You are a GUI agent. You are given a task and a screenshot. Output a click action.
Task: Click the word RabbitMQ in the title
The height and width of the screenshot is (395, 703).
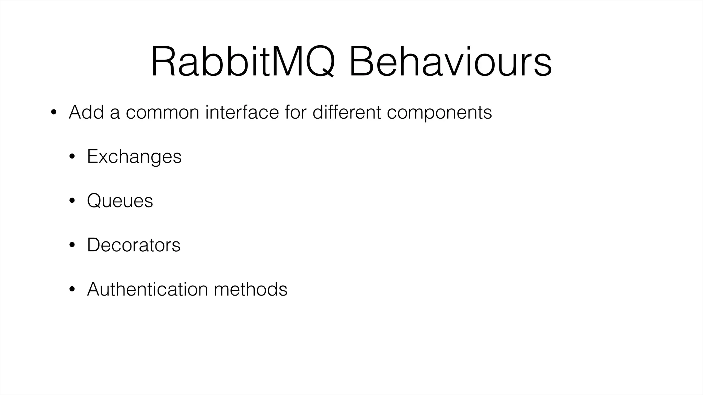click(242, 62)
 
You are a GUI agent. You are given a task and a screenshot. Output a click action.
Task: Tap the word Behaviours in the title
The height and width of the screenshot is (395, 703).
click(450, 62)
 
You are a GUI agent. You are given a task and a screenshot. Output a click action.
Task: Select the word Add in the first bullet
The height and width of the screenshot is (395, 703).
click(86, 112)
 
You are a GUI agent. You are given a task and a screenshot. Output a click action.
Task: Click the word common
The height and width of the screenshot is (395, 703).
click(162, 113)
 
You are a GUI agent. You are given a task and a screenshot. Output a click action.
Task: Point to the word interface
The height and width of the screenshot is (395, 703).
click(242, 112)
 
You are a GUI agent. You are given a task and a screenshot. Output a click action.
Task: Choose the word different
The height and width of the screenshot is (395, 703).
click(347, 112)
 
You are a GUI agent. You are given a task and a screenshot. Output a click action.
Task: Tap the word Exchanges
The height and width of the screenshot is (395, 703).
click(134, 157)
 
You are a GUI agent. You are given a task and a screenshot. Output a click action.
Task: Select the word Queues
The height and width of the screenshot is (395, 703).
click(120, 201)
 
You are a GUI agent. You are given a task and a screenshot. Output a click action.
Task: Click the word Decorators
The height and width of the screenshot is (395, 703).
click(134, 245)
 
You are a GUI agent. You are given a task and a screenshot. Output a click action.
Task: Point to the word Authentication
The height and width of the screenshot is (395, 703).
click(148, 289)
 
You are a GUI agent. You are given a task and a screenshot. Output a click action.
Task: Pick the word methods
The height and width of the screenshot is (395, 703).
click(251, 289)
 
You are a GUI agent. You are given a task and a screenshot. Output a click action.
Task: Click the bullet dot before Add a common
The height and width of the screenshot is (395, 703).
click(53, 113)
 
